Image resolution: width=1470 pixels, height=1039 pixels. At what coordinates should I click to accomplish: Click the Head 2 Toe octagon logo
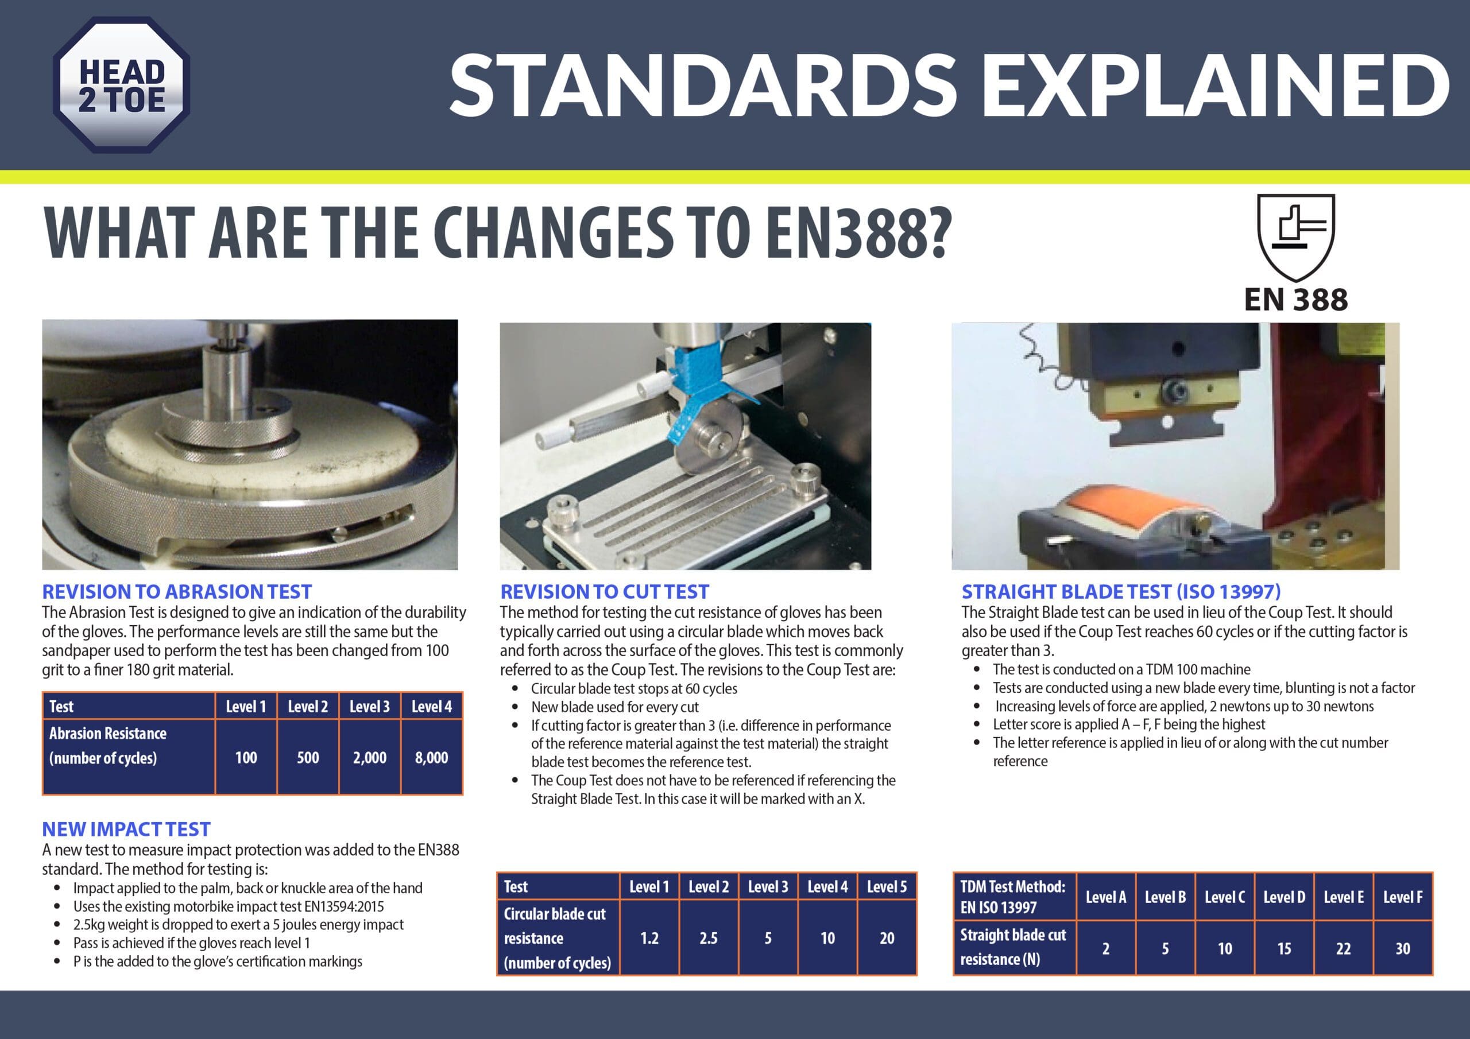[x=122, y=84]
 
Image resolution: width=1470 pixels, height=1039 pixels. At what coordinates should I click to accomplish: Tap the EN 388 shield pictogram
[x=1296, y=238]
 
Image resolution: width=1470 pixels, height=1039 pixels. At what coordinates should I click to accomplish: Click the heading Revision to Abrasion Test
[x=177, y=591]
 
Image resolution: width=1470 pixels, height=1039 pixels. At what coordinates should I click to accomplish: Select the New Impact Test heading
[x=126, y=829]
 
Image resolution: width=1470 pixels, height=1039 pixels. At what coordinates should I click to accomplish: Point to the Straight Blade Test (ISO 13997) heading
[x=1121, y=591]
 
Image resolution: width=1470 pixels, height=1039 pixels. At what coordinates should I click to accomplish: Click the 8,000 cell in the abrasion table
[x=431, y=757]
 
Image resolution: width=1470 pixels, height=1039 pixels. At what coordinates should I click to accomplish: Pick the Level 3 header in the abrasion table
[x=369, y=706]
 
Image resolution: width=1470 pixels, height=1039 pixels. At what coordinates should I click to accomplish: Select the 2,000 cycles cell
[x=369, y=757]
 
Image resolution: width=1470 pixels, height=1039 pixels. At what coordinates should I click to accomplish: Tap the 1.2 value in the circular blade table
[x=649, y=938]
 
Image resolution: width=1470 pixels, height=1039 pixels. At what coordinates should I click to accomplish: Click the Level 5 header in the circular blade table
[x=887, y=887]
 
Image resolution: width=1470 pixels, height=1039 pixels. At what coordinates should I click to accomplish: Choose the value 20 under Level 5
[x=887, y=938]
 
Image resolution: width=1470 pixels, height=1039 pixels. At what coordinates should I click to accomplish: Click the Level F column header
[x=1403, y=897]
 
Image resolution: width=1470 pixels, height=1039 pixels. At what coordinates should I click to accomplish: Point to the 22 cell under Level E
[x=1343, y=948]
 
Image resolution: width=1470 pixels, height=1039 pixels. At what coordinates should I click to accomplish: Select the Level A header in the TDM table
[x=1106, y=897]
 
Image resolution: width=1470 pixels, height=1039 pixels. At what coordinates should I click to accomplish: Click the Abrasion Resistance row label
[x=107, y=745]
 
